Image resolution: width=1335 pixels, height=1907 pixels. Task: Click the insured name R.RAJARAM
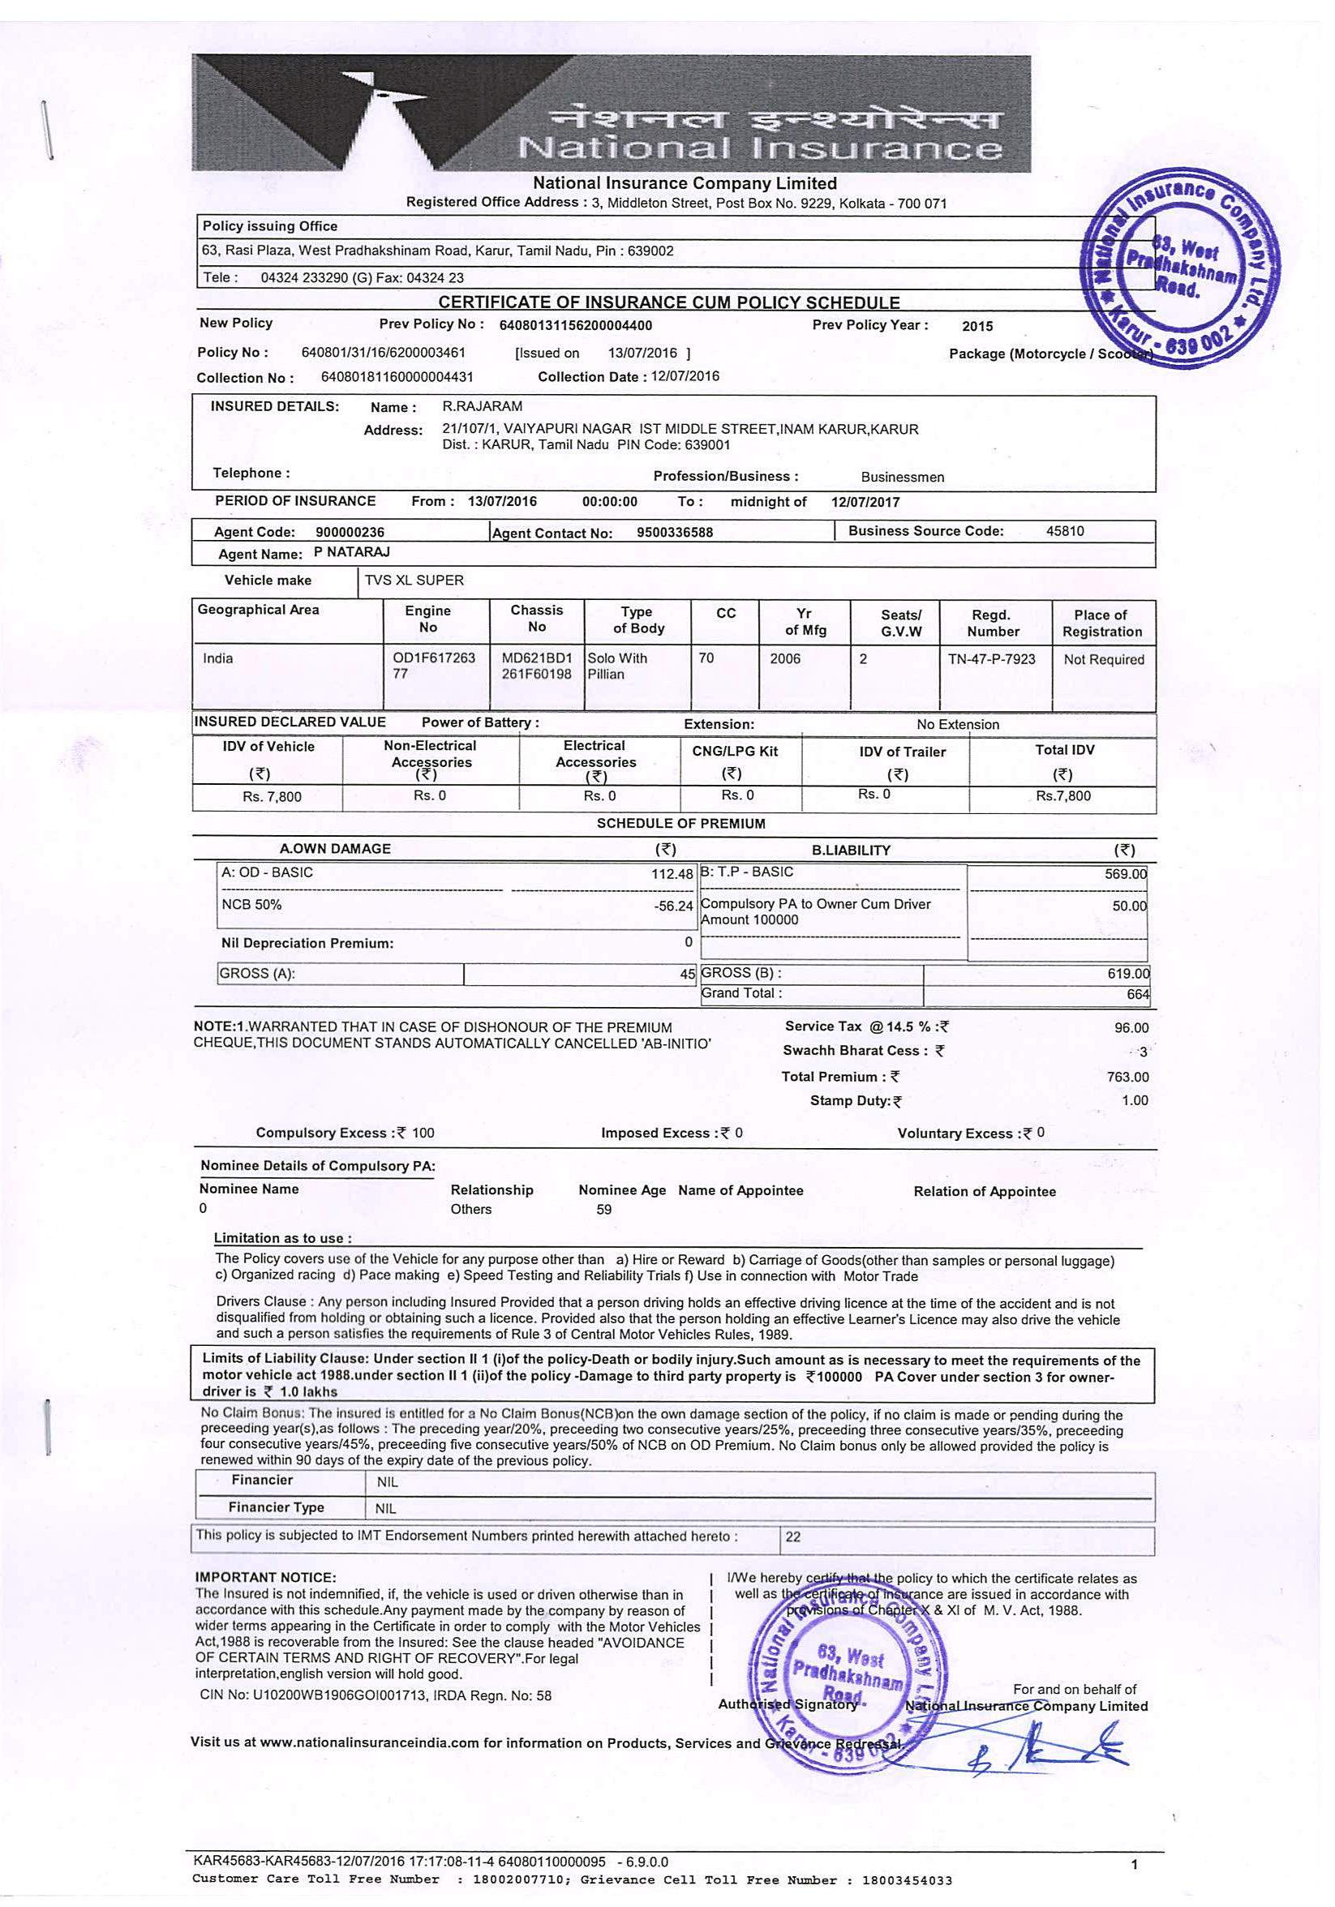[x=483, y=406]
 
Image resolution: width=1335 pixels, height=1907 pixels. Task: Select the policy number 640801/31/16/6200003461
[x=383, y=352]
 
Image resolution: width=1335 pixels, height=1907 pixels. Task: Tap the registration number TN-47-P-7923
[x=991, y=658]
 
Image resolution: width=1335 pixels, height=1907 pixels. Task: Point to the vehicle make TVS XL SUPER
[x=414, y=581]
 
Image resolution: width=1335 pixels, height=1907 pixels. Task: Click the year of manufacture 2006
[x=784, y=658]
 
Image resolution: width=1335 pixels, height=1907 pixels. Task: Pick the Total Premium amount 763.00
[x=1127, y=1077]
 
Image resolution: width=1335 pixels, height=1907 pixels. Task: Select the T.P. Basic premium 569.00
[x=1125, y=874]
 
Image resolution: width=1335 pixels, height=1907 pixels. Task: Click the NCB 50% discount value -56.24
[x=673, y=906]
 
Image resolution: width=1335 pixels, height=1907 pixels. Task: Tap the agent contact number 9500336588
[x=674, y=533]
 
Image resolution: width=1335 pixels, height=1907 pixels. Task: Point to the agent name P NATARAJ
[x=352, y=552]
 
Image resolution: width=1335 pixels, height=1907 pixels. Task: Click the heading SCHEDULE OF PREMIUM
[x=680, y=823]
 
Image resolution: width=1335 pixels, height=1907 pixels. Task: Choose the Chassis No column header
[x=537, y=618]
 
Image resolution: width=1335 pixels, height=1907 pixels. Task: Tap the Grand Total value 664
[x=1137, y=994]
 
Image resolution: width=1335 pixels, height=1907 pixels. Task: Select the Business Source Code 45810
[x=1064, y=531]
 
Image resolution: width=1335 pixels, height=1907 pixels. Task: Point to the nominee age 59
[x=604, y=1210]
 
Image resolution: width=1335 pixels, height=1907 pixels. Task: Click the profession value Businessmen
[x=902, y=478]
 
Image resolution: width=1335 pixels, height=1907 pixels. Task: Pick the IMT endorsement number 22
[x=792, y=1537]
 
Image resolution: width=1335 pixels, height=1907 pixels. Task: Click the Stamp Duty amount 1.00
[x=1134, y=1100]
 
